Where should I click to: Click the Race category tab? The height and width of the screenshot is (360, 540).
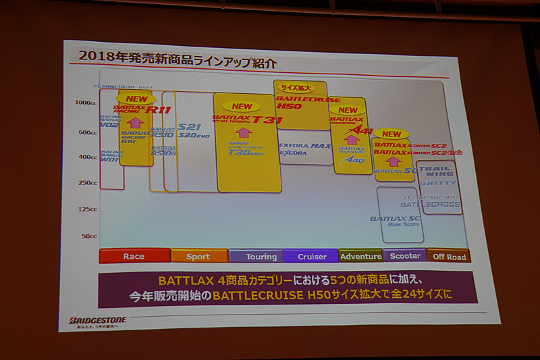tap(134, 256)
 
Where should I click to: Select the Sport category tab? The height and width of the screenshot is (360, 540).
tap(198, 256)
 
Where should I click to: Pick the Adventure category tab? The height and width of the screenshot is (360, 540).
tap(360, 256)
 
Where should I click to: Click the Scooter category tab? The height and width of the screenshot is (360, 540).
tap(404, 256)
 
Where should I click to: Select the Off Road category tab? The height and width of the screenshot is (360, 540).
tap(448, 256)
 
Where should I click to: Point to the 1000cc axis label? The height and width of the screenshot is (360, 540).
tap(86, 103)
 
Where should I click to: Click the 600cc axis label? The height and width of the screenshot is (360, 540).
tap(87, 132)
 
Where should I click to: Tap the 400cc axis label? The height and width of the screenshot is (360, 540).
tap(88, 157)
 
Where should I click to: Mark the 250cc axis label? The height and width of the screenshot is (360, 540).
tap(88, 182)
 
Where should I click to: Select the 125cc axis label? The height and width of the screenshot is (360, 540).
tap(88, 209)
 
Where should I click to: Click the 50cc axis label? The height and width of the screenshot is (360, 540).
tap(89, 236)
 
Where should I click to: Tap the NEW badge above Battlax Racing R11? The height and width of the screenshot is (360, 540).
tap(136, 99)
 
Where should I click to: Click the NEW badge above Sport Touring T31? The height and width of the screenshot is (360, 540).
tap(242, 107)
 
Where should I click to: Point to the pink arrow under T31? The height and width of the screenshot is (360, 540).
tap(243, 132)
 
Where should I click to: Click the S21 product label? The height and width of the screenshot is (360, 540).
tap(190, 126)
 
